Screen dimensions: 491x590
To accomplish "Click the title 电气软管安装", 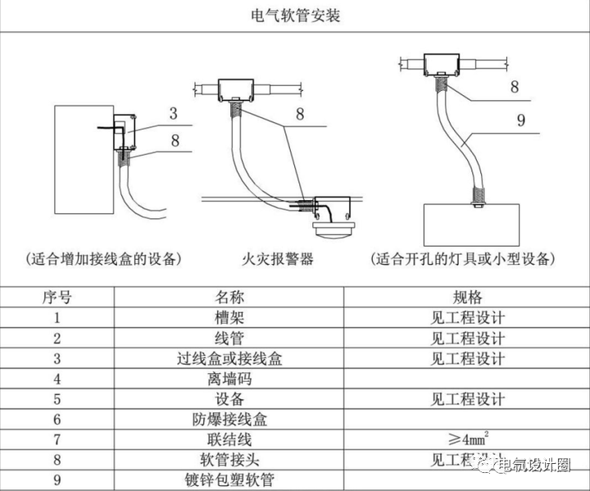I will click(x=294, y=16).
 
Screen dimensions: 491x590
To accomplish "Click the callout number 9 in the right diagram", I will click(x=520, y=121).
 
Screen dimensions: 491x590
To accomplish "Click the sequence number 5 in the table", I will click(x=57, y=399).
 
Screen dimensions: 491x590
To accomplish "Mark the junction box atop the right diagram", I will click(x=442, y=62).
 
